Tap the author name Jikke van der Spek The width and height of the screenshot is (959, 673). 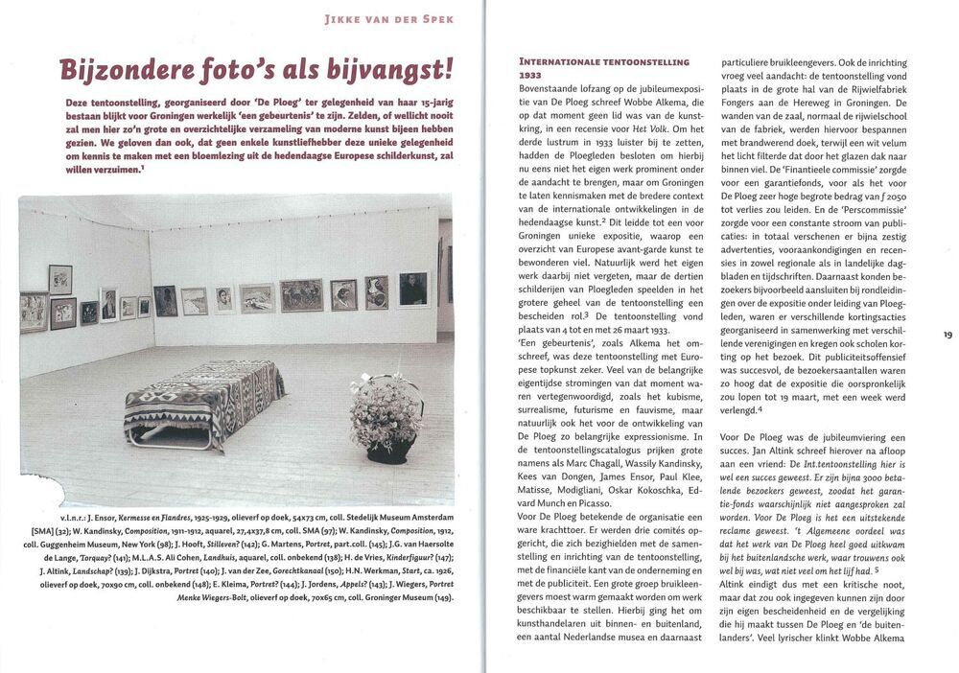pyautogui.click(x=390, y=18)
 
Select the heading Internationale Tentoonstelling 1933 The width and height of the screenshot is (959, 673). pyautogui.click(x=603, y=67)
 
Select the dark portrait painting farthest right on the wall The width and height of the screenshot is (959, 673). pyautogui.click(x=413, y=289)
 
